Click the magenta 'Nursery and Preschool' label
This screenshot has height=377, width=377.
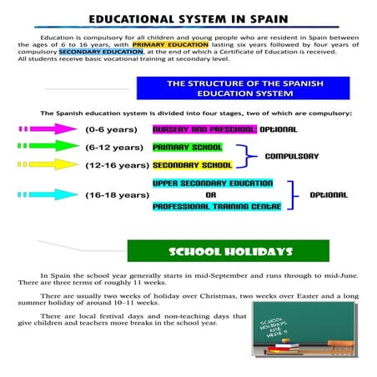coord(204,130)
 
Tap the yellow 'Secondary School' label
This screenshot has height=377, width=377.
coord(193,165)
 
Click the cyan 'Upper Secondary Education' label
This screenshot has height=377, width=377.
coord(213,183)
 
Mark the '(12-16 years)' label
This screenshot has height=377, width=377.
coord(116,165)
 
